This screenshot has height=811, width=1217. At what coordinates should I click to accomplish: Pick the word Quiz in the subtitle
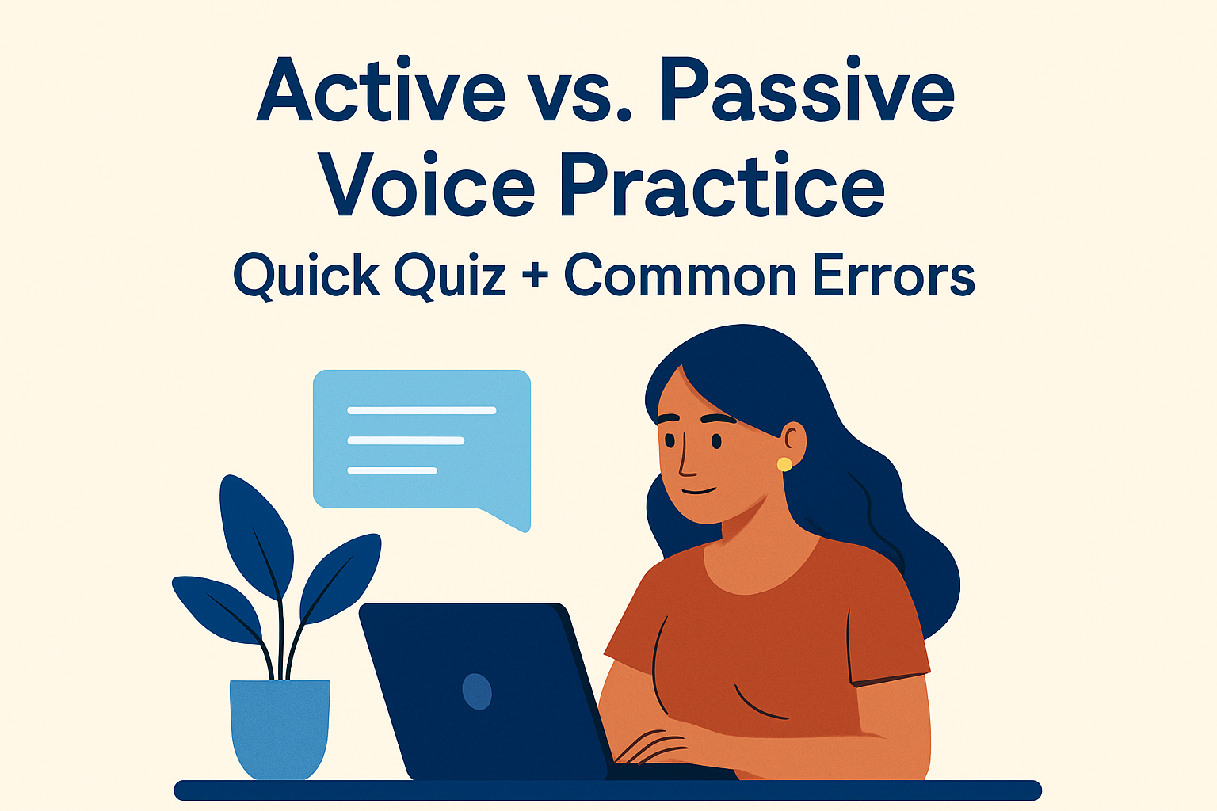[x=449, y=276]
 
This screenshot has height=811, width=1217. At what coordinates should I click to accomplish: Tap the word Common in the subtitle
[x=680, y=276]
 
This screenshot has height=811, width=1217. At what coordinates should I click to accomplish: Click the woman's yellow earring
[x=784, y=464]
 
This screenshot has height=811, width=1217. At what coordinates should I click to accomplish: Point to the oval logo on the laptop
[x=477, y=691]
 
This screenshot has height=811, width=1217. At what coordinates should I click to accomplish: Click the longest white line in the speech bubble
[x=422, y=410]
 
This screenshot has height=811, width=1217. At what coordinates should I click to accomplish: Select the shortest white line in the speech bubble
[x=392, y=470]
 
